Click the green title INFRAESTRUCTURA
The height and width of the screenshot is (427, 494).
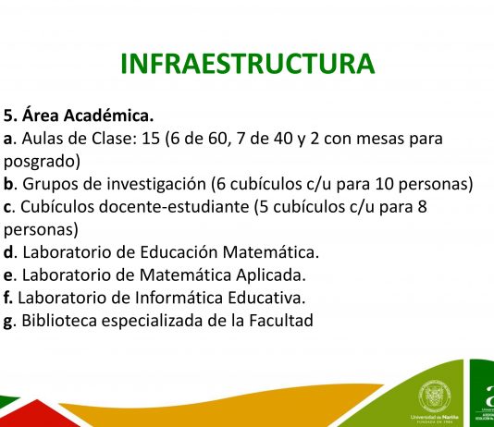point(248,64)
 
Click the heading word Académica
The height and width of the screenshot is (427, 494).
point(108,116)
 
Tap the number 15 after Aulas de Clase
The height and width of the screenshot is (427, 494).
point(151,139)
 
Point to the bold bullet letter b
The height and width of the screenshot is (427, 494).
point(8,184)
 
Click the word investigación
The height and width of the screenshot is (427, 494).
point(156,185)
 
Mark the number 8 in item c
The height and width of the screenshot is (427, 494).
point(423,207)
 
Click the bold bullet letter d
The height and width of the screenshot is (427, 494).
point(8,252)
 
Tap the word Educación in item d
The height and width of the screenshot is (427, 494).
point(179,252)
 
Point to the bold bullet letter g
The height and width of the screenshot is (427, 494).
point(7,322)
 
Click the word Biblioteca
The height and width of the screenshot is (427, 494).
point(59,321)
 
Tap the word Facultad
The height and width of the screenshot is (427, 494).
point(281,321)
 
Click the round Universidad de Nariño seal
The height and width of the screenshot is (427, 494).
point(435,396)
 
